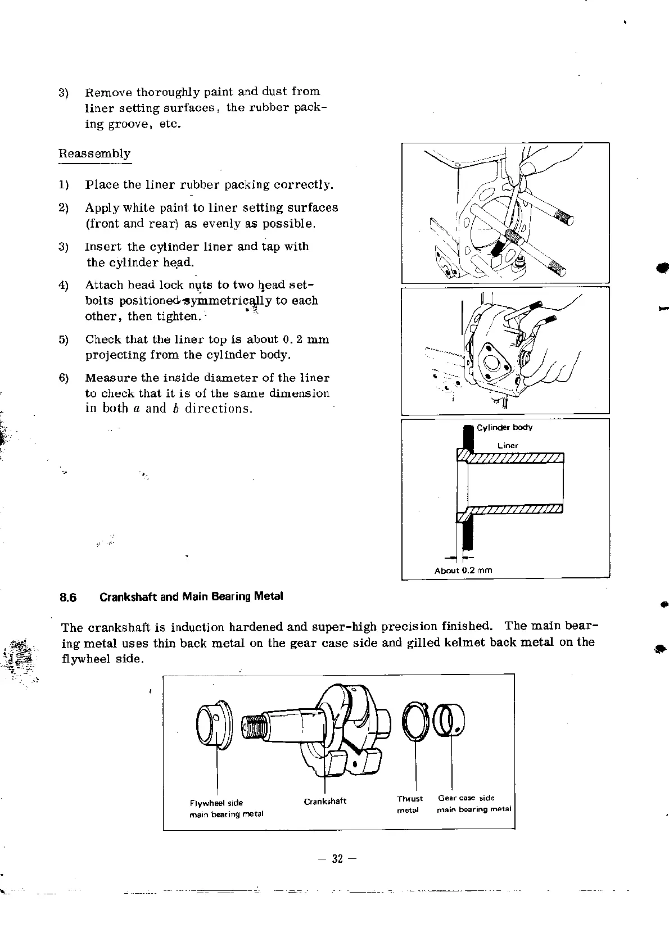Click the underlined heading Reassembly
click(x=94, y=154)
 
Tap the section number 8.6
click(x=68, y=597)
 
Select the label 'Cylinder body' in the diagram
click(x=504, y=428)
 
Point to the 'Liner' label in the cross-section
click(x=508, y=446)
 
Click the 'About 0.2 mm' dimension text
click(x=463, y=571)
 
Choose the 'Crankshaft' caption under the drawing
click(x=325, y=801)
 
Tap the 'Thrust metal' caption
click(x=409, y=804)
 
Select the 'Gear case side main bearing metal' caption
click(x=474, y=804)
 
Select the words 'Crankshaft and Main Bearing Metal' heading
click(x=191, y=596)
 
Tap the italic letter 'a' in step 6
click(x=136, y=409)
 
